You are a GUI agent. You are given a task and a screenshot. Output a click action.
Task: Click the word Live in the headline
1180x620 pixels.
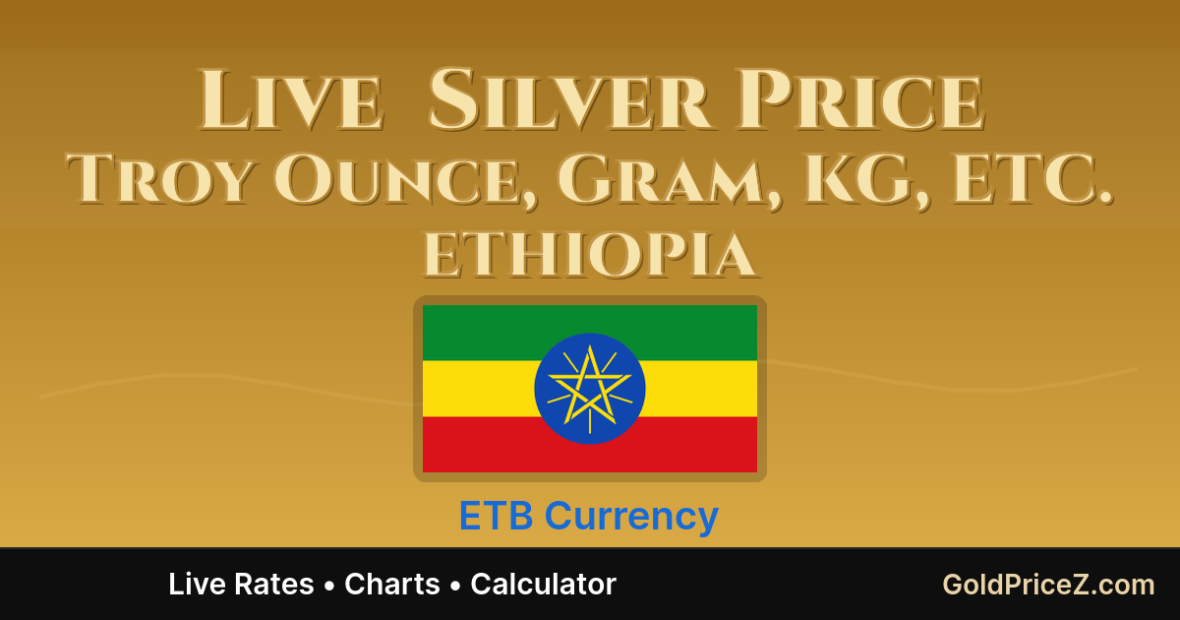click(290, 100)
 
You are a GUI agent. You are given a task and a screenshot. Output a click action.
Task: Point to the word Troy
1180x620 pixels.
click(157, 180)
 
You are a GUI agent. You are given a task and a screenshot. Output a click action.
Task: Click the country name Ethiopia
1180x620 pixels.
click(590, 256)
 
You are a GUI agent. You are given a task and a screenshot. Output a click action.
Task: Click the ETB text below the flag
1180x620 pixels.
click(497, 517)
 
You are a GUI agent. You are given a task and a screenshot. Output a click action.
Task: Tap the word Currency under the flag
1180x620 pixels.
click(631, 517)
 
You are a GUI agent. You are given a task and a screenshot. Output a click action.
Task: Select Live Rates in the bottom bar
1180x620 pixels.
click(241, 585)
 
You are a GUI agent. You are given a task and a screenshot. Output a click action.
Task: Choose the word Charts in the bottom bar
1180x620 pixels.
click(392, 585)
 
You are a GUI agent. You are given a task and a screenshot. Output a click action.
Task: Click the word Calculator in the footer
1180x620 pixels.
click(543, 585)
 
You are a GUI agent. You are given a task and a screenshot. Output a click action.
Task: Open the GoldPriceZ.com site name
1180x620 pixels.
click(1048, 585)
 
